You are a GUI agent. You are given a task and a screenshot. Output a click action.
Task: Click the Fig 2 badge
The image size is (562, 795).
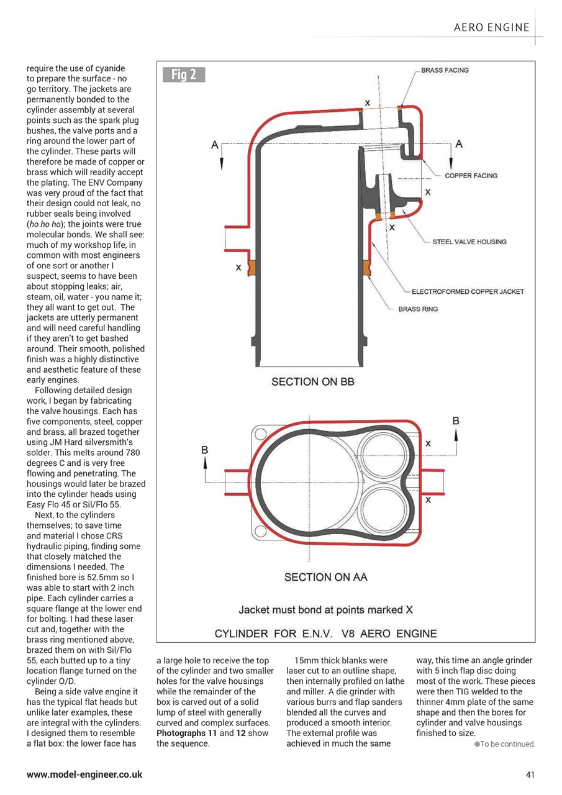point(184,75)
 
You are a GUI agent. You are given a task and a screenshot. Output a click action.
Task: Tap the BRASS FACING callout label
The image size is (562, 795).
point(445,70)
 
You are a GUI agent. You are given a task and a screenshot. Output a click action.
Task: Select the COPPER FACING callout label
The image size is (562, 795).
point(471,176)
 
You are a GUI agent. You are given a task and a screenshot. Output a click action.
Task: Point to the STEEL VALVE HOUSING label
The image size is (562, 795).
point(469,242)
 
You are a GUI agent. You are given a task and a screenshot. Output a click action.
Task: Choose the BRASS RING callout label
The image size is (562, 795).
point(418,309)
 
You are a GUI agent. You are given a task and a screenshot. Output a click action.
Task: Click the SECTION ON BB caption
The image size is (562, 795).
point(312,381)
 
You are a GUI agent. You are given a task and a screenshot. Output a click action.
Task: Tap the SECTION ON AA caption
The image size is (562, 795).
point(325,577)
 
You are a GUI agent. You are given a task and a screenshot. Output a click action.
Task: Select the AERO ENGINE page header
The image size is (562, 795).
point(491,27)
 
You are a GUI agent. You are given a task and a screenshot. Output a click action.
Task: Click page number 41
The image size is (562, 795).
point(529,775)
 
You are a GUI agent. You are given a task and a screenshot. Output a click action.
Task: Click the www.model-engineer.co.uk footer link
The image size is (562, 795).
point(84,775)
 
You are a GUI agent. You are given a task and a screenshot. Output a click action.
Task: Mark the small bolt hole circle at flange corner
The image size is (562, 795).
point(260,433)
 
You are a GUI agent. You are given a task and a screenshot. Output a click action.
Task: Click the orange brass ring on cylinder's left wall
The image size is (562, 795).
point(252,268)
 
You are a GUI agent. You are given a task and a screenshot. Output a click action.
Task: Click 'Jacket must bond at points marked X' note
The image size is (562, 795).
point(325,609)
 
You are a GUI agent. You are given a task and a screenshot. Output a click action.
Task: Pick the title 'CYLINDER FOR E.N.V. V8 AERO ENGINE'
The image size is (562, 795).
point(325,634)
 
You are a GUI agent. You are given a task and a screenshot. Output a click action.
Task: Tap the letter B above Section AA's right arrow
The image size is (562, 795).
point(456,421)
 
